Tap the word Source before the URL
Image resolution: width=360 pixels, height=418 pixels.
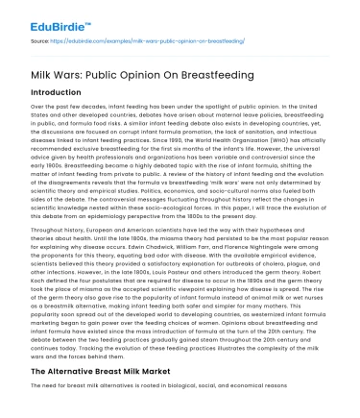pos(41,41)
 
